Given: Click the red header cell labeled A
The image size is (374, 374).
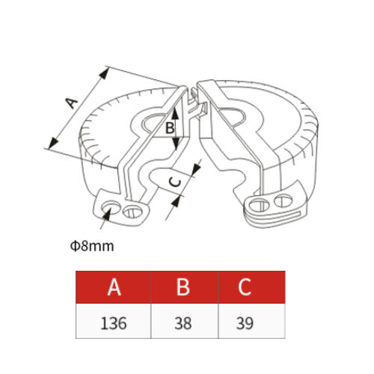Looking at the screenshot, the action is pyautogui.click(x=114, y=287).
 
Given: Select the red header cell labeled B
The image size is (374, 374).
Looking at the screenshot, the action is pyautogui.click(x=185, y=287).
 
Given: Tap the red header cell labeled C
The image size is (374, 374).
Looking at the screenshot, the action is pyautogui.click(x=252, y=287).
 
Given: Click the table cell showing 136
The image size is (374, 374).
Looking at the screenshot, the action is pyautogui.click(x=114, y=321).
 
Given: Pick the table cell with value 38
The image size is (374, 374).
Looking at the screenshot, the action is pyautogui.click(x=185, y=321).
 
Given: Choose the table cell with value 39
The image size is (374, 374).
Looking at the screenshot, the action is pyautogui.click(x=252, y=321).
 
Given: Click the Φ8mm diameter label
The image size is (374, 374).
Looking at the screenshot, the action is pyautogui.click(x=92, y=246).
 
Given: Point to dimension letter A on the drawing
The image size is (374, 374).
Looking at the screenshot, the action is pyautogui.click(x=71, y=103).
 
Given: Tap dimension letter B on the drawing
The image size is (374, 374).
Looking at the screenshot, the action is pyautogui.click(x=170, y=129).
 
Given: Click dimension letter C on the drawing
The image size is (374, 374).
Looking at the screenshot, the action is pyautogui.click(x=175, y=182).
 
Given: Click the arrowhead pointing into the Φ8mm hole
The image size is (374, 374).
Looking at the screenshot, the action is pyautogui.click(x=106, y=214).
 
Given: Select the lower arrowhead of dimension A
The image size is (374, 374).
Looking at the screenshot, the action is pyautogui.click(x=53, y=143).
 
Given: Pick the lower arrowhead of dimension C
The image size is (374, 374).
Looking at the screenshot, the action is pyautogui.click(x=176, y=201).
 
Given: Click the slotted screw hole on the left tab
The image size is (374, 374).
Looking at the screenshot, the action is pyautogui.click(x=132, y=212).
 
